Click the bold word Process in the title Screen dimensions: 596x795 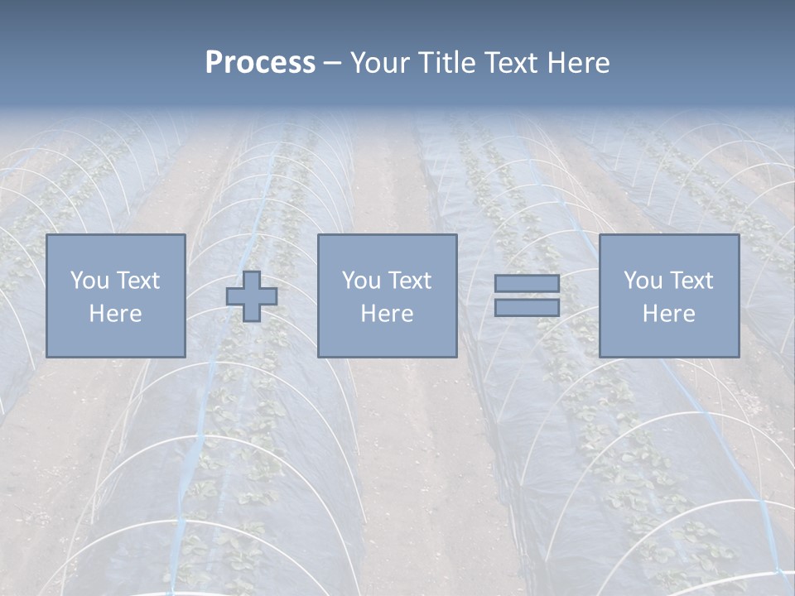point(260,63)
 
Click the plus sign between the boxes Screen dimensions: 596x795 point(252,296)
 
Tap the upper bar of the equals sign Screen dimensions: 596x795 point(527,284)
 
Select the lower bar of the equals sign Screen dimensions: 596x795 point(527,307)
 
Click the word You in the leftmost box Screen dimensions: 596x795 point(89,281)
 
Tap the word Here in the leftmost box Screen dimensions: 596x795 point(116,314)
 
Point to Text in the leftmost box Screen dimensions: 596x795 point(137,281)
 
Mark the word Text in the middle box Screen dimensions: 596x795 point(409,281)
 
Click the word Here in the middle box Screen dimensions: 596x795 point(387,314)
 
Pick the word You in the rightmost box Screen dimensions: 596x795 point(643,281)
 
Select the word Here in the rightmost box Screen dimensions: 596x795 point(668,314)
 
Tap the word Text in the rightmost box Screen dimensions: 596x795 point(691,281)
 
